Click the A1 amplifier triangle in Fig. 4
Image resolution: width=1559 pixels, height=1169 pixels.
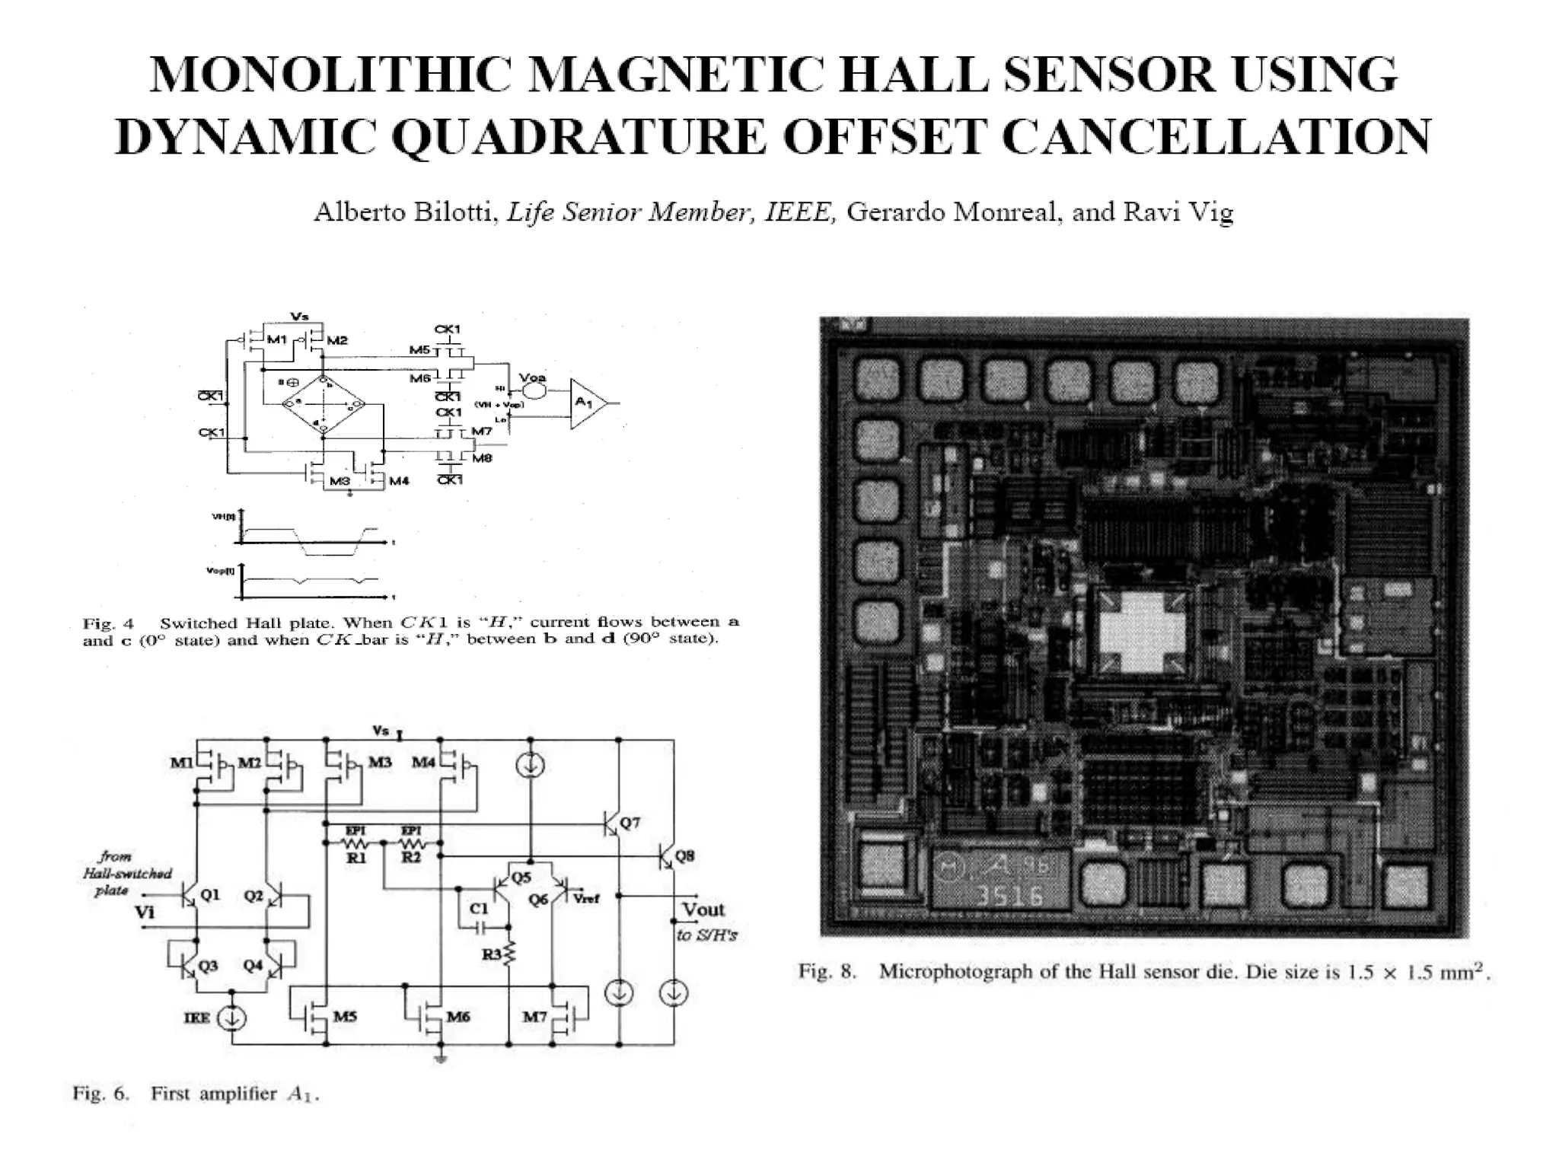click(587, 403)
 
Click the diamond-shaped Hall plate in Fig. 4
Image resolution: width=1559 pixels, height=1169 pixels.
click(324, 404)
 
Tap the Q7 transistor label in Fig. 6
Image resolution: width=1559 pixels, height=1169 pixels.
click(630, 822)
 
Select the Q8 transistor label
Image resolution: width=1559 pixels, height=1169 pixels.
click(684, 855)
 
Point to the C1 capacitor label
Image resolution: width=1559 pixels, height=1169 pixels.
click(479, 908)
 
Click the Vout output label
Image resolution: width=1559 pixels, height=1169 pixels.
click(703, 909)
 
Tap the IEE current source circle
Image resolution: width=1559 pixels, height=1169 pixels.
click(231, 1018)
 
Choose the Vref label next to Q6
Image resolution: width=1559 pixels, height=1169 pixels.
click(586, 898)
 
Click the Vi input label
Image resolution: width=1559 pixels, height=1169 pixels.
click(145, 911)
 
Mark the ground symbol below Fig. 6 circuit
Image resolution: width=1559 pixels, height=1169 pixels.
click(440, 1058)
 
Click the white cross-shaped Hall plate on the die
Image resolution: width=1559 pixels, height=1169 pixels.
click(1142, 631)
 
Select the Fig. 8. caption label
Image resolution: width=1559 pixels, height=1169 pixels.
click(827, 972)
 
